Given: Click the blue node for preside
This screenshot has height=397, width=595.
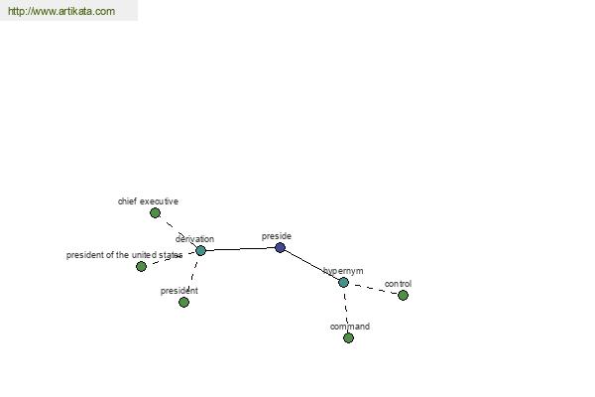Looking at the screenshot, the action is coord(280,248).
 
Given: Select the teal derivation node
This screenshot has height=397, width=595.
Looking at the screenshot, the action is coord(200,251).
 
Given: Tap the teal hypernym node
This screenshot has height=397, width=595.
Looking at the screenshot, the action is coord(343,282).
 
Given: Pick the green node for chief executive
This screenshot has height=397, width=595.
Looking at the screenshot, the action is coord(155,213).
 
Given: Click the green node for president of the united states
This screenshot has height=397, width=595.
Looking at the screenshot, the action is coord(141,266).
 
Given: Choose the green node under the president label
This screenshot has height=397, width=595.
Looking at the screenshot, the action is coord(183,302).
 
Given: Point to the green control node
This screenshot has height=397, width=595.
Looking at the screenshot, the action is coord(403,295).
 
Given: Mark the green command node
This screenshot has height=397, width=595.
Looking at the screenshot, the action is coord(348,337).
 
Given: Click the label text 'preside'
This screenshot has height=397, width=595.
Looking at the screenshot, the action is coord(277,236).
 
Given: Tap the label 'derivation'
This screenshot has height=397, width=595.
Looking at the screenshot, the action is coord(194,239).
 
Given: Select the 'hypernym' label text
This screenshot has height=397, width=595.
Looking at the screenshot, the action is coord(343,271).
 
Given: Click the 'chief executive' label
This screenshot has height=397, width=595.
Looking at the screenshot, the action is coord(148,201).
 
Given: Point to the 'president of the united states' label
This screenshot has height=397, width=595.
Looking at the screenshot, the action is coord(125,255).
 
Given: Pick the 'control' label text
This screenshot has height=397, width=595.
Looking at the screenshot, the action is coord(398,284).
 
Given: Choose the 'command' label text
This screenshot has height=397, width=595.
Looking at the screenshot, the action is coord(350,327).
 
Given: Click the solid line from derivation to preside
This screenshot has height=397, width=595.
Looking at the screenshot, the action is coord(240,249).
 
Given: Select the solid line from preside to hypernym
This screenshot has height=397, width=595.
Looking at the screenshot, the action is coord(311,265).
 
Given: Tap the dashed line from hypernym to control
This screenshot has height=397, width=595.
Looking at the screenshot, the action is coord(374,289).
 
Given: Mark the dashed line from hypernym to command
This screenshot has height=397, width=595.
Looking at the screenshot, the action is coord(346,310).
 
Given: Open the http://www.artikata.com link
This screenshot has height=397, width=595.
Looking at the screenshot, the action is coord(61,11).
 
